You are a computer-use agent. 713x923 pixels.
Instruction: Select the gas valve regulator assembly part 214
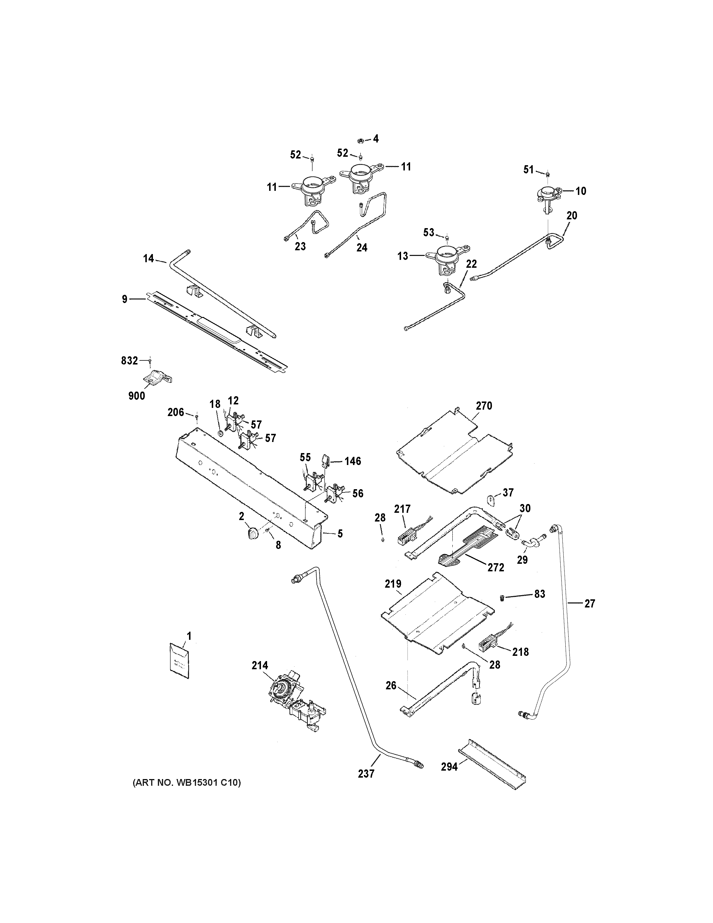(292, 702)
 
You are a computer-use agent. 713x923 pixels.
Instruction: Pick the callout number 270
(484, 406)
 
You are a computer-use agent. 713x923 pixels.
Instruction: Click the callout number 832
(130, 360)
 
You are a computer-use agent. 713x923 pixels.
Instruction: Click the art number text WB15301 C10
(187, 783)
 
